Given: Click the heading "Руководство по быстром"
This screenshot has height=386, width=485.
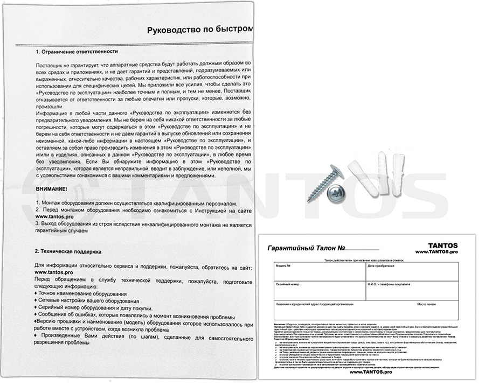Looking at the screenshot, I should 199,30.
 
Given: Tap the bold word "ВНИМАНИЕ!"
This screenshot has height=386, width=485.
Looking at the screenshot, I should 51,190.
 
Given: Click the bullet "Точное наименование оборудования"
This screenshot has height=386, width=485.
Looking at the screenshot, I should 83,294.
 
